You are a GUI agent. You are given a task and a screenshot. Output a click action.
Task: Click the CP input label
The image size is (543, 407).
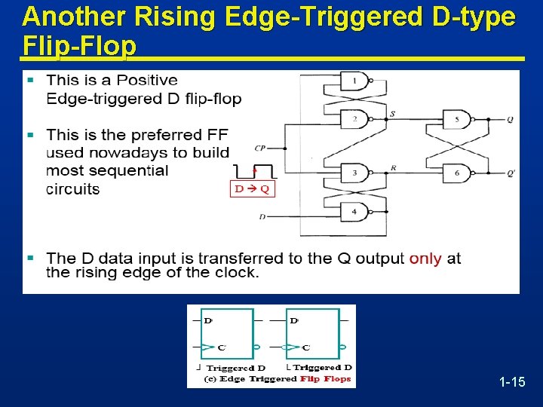pyautogui.click(x=260, y=148)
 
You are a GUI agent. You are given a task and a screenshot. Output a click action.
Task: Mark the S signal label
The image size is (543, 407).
pyautogui.click(x=392, y=113)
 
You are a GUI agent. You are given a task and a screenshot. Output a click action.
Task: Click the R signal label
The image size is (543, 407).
pyautogui.click(x=394, y=168)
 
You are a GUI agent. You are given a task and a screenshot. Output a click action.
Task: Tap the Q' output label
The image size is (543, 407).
pyautogui.click(x=511, y=174)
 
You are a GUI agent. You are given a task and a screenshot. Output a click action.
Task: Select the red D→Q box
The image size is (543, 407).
pyautogui.click(x=252, y=188)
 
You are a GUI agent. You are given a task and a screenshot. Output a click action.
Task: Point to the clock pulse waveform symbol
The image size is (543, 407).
pyautogui.click(x=253, y=170)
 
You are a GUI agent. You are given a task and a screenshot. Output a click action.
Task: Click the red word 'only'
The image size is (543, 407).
pyautogui.click(x=425, y=259)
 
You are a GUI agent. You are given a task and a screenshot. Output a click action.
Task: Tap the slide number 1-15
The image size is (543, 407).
pyautogui.click(x=512, y=383)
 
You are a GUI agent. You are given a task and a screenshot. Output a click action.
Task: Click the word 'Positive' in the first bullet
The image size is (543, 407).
pyautogui.click(x=147, y=80)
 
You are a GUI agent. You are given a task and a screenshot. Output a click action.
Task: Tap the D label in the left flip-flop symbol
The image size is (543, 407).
pyautogui.click(x=208, y=320)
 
